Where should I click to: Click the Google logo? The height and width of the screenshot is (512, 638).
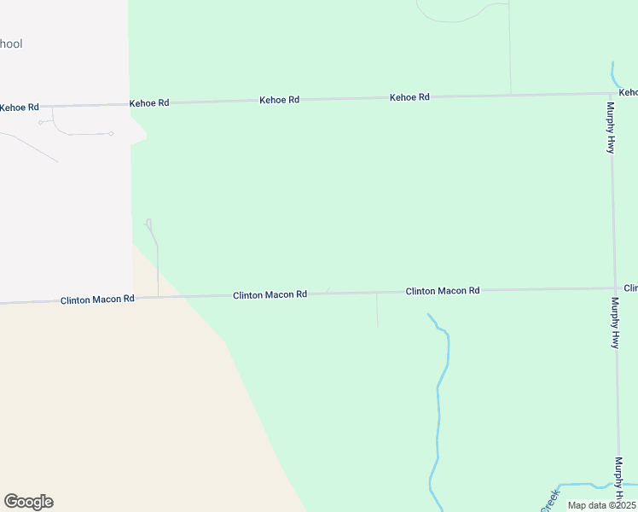(28, 502)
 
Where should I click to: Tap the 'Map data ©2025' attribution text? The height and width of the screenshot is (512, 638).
(601, 505)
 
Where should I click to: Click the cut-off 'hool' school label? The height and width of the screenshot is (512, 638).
(11, 44)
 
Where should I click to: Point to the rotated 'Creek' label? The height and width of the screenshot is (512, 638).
(548, 499)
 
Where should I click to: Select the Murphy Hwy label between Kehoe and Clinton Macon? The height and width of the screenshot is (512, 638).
(611, 127)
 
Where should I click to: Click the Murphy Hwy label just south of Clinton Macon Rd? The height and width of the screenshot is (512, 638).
(614, 323)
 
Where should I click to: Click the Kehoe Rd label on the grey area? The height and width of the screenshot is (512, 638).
(19, 108)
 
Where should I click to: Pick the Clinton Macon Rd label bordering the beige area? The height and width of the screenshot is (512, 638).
(97, 300)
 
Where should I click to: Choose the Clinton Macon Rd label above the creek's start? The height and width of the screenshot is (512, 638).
(442, 291)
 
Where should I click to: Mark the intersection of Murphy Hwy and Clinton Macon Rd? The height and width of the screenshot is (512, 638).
(615, 288)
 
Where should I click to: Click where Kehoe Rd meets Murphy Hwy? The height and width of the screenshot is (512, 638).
(611, 92)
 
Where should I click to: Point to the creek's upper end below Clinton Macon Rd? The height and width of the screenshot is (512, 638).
(429, 315)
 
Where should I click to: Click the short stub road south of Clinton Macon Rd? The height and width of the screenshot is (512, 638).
(377, 309)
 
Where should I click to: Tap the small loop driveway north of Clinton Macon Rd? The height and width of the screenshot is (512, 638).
(152, 229)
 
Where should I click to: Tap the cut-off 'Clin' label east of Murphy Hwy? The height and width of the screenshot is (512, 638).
(630, 288)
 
